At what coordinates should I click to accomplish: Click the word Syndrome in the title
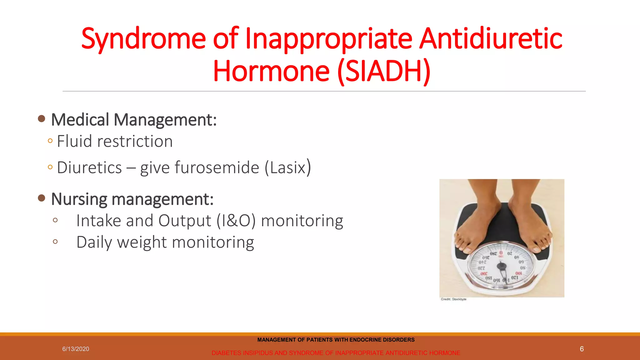pos(143,39)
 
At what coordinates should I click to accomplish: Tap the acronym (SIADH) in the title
pos(384,72)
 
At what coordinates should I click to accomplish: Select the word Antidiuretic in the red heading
pos(490,39)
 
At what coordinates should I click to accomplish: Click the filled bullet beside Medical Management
pos(41,119)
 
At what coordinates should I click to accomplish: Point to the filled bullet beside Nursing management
pos(41,198)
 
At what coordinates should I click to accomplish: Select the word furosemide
pos(217,167)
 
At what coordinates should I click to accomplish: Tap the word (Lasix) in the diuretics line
pos(287,167)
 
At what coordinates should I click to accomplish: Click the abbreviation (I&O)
pos(236,221)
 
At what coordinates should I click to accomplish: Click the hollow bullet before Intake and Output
pos(55,220)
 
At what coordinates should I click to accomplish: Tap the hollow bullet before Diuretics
pos(50,167)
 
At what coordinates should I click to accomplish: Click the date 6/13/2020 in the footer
pos(76,349)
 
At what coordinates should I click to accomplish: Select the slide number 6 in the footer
pos(582,349)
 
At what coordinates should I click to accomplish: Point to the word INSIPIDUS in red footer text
pos(257,353)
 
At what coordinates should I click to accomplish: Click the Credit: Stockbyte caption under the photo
pos(453,299)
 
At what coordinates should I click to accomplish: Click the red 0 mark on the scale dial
pos(501,253)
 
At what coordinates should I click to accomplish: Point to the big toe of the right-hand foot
pos(536,249)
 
